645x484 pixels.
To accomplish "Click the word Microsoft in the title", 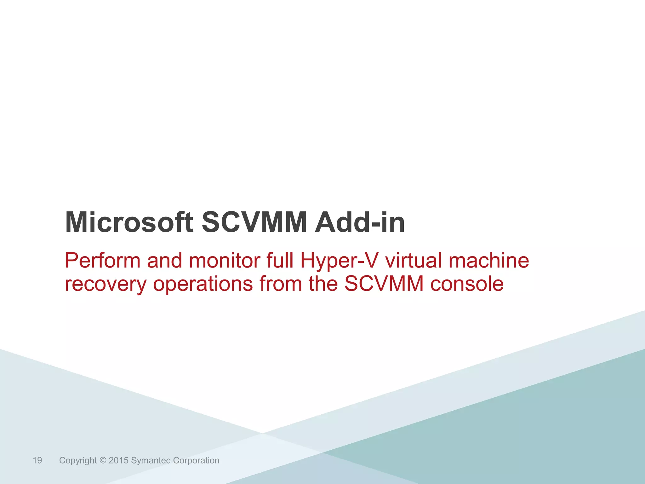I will coord(129,222).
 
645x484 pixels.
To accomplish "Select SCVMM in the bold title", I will coord(254,222).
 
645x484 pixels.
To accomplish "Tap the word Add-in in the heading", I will coord(360,222).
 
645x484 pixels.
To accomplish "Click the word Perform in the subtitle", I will coord(103,261).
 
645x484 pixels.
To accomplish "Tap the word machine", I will coord(489,261).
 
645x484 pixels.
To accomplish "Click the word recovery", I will coord(106,284).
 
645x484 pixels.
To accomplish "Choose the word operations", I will coord(203,284).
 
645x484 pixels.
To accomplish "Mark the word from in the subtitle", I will coord(280,284).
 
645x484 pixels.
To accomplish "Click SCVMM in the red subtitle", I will coord(384,284).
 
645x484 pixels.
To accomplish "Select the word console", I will coord(467,284).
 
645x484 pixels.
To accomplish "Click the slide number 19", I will coord(37,460).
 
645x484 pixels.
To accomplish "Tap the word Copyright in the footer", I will coord(78,460).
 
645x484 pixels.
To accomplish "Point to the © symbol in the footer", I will coord(103,460).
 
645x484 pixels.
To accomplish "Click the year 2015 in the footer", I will coord(118,460).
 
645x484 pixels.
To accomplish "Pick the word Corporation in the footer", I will coord(196,460).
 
